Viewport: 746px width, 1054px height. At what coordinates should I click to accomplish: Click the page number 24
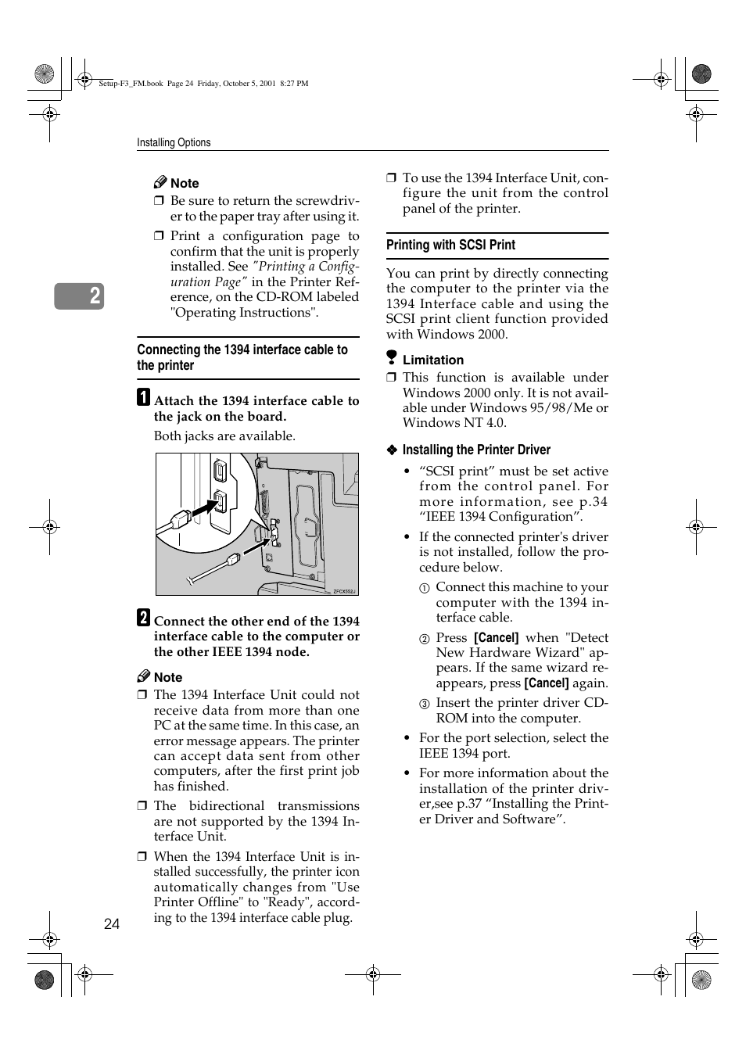pyautogui.click(x=112, y=923)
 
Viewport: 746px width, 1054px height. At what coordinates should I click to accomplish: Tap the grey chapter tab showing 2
pyautogui.click(x=79, y=296)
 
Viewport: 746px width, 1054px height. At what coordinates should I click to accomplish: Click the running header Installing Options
pyautogui.click(x=174, y=142)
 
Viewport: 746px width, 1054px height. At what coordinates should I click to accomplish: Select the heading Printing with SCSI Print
pyautogui.click(x=450, y=245)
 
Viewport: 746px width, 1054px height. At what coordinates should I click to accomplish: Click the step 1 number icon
pyautogui.click(x=144, y=397)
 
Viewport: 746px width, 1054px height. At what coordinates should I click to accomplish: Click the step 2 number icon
pyautogui.click(x=144, y=618)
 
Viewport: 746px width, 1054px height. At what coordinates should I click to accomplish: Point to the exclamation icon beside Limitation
pyautogui.click(x=392, y=358)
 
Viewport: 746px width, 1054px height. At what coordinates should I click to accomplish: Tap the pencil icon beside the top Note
pyautogui.click(x=160, y=182)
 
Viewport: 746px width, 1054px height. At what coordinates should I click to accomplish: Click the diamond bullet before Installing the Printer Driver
pyautogui.click(x=393, y=450)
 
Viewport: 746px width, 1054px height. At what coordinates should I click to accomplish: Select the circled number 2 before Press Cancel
pyautogui.click(x=424, y=639)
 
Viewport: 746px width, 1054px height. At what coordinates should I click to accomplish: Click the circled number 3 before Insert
pyautogui.click(x=424, y=704)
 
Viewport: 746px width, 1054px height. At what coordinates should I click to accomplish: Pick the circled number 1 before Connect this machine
pyautogui.click(x=424, y=588)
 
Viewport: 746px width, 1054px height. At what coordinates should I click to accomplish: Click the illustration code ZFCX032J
pyautogui.click(x=344, y=591)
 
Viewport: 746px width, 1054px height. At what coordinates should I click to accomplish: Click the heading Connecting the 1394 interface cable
pyautogui.click(x=242, y=357)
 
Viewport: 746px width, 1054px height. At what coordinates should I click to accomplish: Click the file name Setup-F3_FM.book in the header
pyautogui.click(x=131, y=83)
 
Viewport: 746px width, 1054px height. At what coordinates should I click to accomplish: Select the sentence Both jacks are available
pyautogui.click(x=224, y=436)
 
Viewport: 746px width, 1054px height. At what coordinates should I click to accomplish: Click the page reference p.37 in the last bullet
pyautogui.click(x=469, y=804)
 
